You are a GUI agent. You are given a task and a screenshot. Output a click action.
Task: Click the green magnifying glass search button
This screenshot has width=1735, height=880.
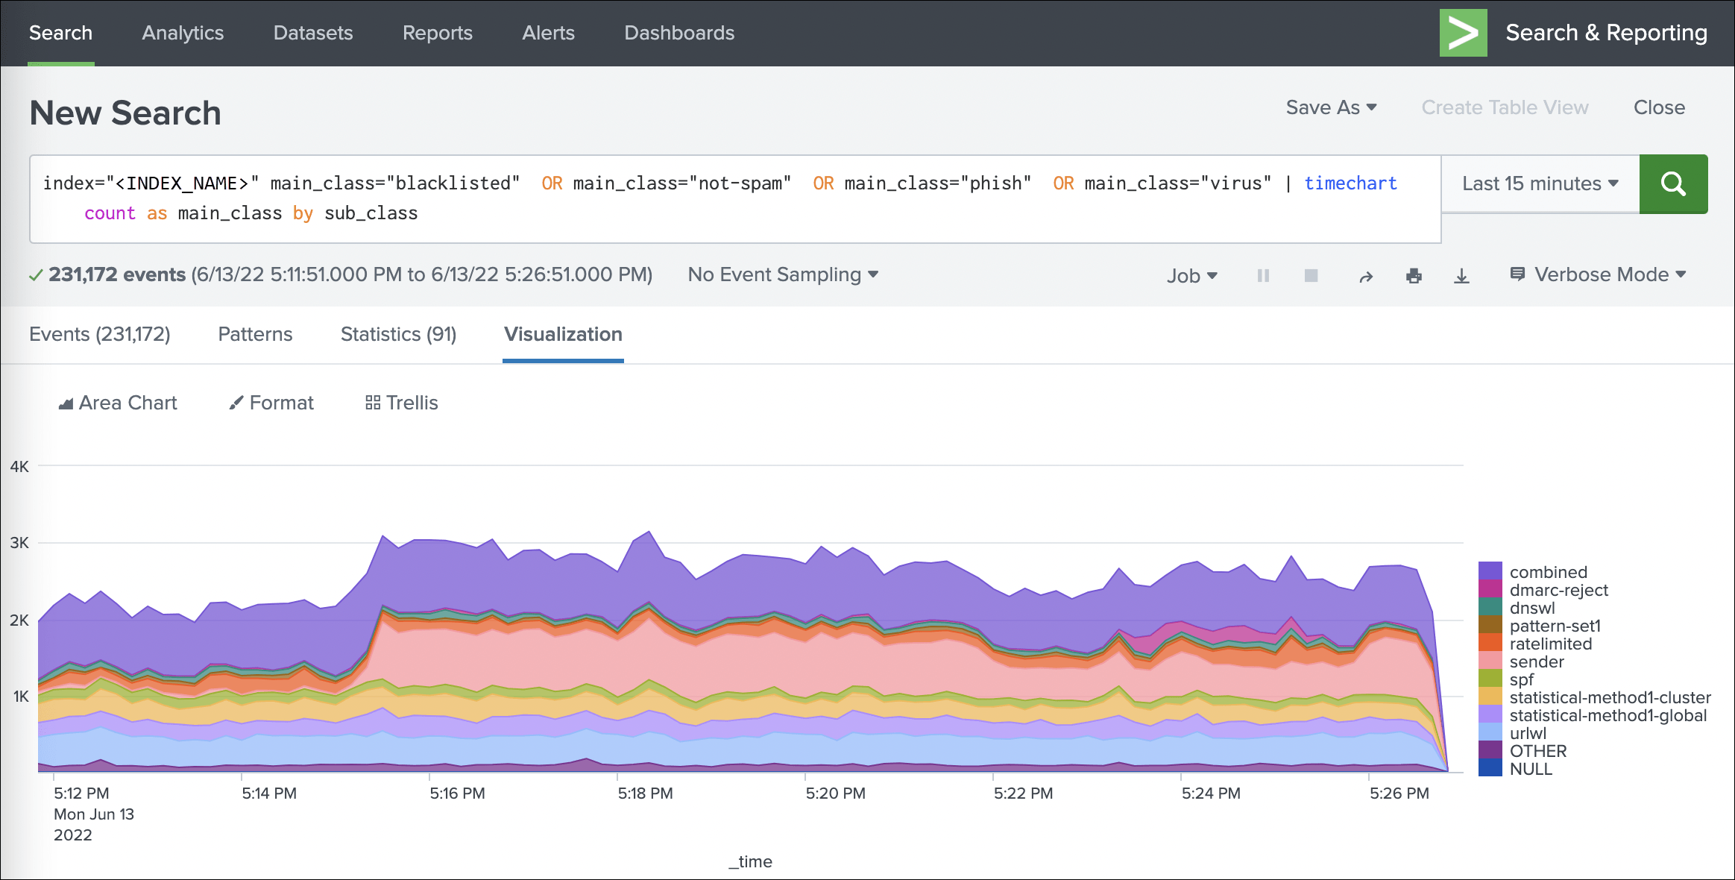[1673, 184]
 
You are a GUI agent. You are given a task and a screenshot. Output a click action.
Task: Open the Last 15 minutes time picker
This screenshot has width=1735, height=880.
[1540, 184]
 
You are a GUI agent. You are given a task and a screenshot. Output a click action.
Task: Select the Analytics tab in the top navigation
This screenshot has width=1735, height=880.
[183, 33]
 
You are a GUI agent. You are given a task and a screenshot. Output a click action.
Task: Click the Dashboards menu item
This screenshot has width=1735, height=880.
[679, 33]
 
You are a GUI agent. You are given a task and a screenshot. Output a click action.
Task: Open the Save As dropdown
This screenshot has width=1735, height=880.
[1331, 107]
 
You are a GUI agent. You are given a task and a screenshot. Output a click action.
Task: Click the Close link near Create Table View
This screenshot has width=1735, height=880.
[1659, 107]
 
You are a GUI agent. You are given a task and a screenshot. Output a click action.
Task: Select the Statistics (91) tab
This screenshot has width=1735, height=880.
[398, 334]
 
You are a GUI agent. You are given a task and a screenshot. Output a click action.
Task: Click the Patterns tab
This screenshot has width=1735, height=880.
[255, 334]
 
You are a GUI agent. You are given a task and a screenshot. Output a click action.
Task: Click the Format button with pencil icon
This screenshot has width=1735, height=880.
[271, 403]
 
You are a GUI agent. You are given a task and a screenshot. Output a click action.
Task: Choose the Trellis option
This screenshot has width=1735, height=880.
[402, 403]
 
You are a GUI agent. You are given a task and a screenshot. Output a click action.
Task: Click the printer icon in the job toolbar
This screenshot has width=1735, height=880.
[1414, 276]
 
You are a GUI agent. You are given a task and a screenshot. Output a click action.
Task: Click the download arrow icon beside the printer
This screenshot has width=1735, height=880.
[1461, 276]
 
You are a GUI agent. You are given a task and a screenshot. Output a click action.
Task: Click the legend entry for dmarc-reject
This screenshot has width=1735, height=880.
[1558, 590]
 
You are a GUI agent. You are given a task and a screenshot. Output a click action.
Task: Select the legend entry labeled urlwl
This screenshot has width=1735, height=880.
[1528, 733]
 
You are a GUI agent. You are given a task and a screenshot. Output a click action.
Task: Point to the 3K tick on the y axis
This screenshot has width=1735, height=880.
[19, 543]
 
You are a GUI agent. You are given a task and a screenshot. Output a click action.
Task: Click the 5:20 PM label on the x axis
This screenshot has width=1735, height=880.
[835, 793]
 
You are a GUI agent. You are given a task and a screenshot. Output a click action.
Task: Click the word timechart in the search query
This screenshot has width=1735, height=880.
[1350, 183]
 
